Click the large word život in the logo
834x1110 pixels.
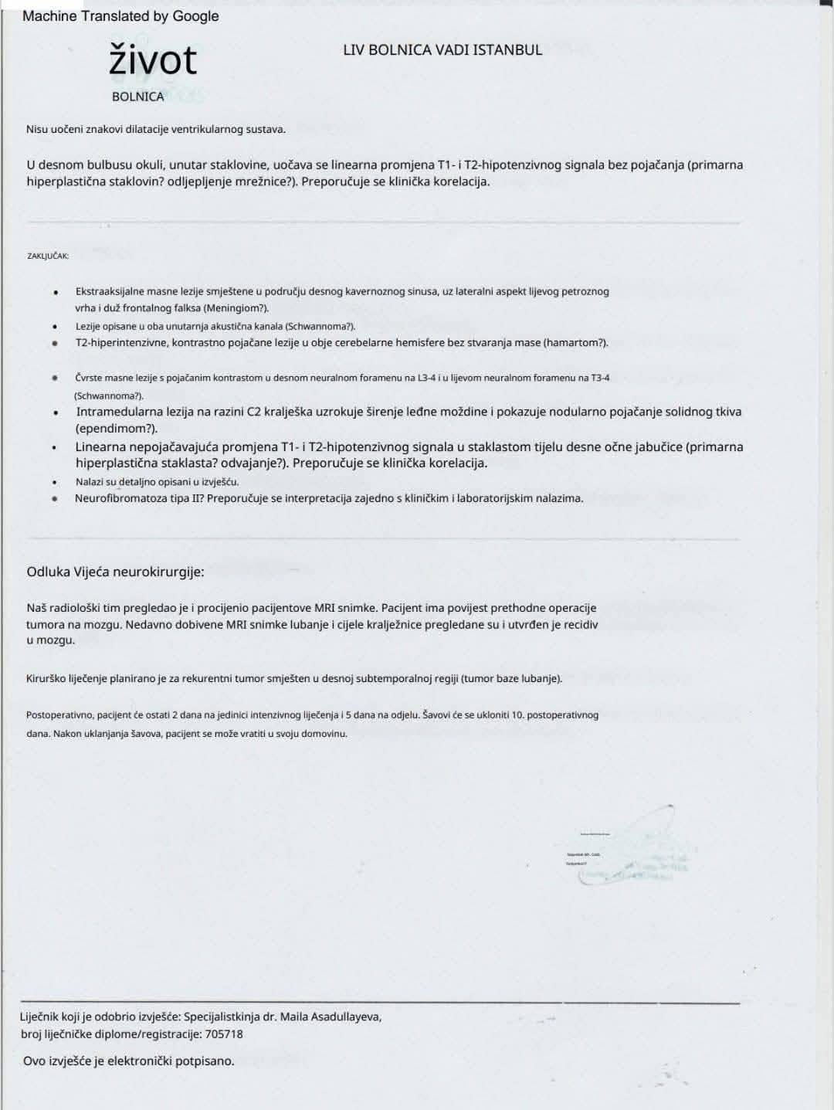point(153,61)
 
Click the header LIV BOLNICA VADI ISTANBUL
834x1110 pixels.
point(442,50)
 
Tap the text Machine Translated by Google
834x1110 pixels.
point(120,15)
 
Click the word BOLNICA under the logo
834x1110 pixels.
point(137,97)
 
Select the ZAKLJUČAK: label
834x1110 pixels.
point(48,255)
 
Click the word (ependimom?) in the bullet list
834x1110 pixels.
point(116,428)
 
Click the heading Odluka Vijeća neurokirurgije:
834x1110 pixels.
point(116,572)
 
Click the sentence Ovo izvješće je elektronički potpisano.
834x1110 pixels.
point(128,1061)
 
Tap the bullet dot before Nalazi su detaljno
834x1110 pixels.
point(55,482)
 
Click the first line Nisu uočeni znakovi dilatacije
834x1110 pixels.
point(155,129)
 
